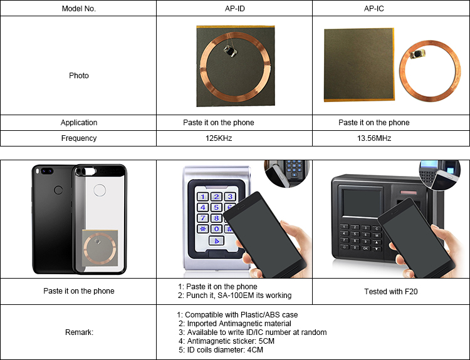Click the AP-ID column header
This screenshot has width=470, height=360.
coord(234,9)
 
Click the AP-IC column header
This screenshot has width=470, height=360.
coord(391,9)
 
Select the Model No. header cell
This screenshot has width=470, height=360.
coord(78,9)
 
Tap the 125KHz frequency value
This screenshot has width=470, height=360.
coord(234,138)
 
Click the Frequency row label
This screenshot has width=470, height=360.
coord(78,138)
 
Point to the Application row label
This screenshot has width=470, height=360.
coord(78,123)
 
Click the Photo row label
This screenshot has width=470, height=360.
coord(78,76)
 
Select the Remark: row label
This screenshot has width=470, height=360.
coord(78,332)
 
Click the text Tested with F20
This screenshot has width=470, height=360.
coord(390,292)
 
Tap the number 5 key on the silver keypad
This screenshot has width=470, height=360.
coord(216,207)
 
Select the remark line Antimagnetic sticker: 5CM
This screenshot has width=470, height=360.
coord(226,341)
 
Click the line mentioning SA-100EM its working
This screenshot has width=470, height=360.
coord(234,296)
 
